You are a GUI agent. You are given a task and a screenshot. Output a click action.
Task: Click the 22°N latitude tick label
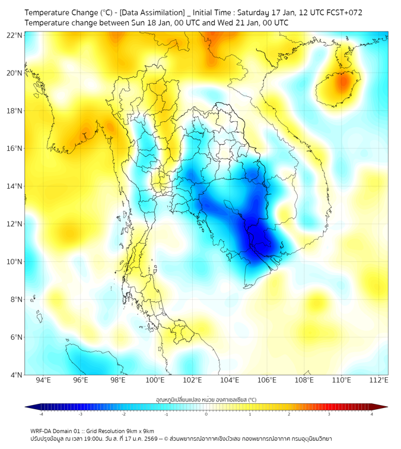pos(15,36)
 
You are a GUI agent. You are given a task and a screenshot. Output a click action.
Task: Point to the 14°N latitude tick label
pos(15,186)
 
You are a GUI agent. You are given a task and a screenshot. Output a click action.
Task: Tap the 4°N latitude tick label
pos(17,375)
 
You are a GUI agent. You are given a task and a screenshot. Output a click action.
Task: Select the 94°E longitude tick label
pos(43,381)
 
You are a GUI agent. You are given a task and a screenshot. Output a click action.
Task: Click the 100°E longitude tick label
pos(155,381)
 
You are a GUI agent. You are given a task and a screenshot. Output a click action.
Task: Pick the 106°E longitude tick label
pos(267,381)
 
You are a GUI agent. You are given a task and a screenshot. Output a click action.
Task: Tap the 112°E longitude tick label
pos(379,381)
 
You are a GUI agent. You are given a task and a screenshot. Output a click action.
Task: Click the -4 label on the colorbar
pos(41,414)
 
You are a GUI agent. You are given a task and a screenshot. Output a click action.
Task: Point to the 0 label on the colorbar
pos(206,414)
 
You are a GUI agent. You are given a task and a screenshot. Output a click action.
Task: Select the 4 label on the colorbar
pos(371,414)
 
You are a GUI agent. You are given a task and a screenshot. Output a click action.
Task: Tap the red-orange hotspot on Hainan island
pos(342,83)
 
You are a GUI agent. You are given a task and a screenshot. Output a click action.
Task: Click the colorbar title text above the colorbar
pos(206,399)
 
